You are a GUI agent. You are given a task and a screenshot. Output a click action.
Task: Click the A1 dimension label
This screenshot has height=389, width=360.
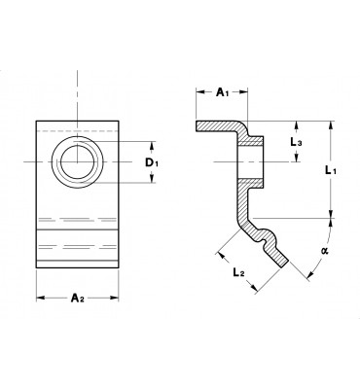(222, 92)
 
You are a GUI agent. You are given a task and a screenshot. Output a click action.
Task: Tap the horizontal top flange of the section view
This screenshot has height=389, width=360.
(219, 126)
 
